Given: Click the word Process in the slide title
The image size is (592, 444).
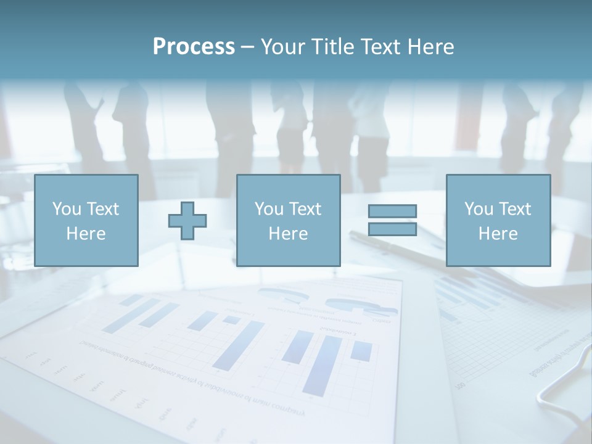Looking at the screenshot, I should coord(194,47).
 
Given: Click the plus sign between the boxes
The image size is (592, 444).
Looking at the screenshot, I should coord(187,220).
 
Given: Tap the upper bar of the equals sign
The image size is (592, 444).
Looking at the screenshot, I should coord(392,211).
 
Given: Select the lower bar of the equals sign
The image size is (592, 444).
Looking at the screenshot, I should coord(392,229).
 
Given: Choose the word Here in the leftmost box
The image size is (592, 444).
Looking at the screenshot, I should coord(86,234).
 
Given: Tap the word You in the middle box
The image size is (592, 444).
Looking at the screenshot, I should coord(269,209).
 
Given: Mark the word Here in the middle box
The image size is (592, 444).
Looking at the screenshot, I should coord(288,234).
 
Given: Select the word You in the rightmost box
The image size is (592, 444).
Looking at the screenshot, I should coord(479,209).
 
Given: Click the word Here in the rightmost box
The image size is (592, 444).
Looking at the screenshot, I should coord(498,234).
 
